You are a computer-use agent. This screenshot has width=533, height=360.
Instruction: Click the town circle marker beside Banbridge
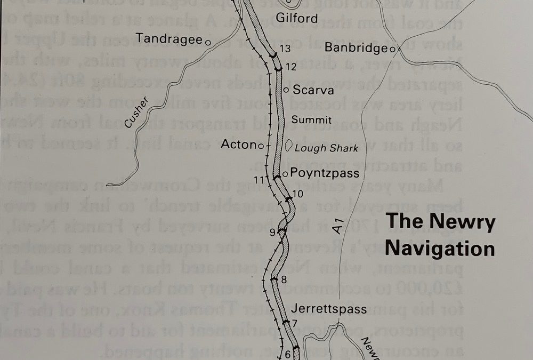(391, 49)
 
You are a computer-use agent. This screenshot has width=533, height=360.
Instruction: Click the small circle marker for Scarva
(286, 90)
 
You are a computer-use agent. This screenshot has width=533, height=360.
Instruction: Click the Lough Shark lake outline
(288, 146)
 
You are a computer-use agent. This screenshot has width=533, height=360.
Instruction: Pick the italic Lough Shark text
(326, 148)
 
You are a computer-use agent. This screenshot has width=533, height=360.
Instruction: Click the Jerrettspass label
(329, 309)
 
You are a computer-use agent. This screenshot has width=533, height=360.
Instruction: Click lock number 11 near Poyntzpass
(259, 179)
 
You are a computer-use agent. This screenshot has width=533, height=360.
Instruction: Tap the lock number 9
(272, 232)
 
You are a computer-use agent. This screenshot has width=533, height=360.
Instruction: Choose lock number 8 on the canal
(284, 279)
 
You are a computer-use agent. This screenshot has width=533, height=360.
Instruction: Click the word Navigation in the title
(440, 249)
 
